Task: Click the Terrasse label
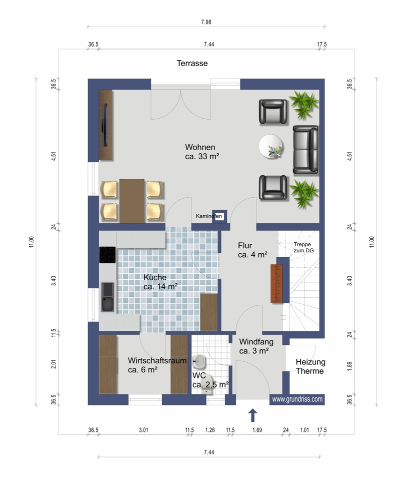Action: coord(192,63)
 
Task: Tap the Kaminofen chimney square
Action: coord(219,217)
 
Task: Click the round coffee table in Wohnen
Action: coord(271,146)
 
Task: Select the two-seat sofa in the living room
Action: coord(305,150)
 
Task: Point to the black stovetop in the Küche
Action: coord(107,255)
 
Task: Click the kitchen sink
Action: coord(107,297)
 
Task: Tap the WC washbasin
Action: coord(199,361)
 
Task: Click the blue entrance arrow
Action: coord(252,415)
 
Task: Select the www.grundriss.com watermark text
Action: coord(297,399)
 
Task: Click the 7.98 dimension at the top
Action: coord(206,22)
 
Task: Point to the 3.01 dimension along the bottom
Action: coord(143,430)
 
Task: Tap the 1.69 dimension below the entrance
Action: coord(257,430)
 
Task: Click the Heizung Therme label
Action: coord(310,366)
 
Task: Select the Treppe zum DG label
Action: coord(303,247)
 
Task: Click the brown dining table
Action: coord(132,201)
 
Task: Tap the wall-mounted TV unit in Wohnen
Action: coord(106,125)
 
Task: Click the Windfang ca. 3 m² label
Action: coord(256,346)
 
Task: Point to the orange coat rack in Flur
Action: coord(276,283)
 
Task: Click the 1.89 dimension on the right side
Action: coord(349,366)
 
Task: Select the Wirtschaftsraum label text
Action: coord(157,361)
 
